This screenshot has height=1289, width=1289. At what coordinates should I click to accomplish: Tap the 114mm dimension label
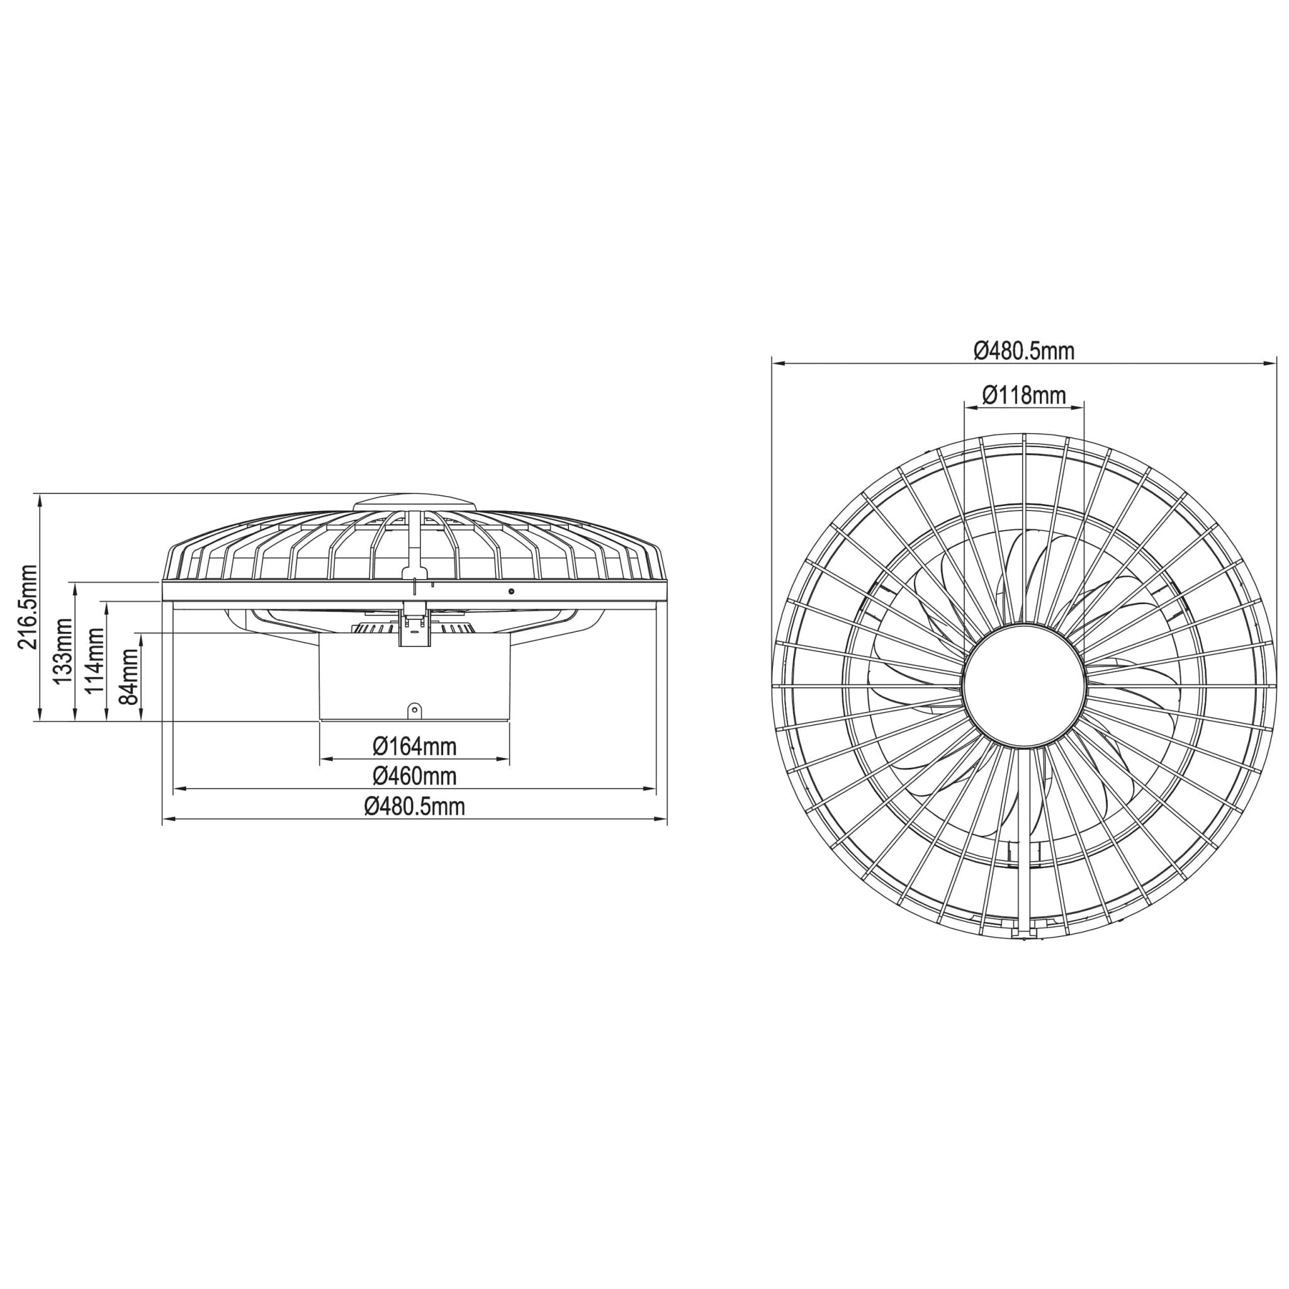[95, 660]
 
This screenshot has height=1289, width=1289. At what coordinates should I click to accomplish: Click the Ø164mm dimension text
[414, 746]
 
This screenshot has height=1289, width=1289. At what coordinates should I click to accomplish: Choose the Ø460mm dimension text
[414, 776]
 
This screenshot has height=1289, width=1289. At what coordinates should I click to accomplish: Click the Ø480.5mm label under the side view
[414, 807]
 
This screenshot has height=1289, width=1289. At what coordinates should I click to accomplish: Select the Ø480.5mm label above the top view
[1023, 351]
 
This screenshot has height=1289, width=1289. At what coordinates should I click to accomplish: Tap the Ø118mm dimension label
[1023, 395]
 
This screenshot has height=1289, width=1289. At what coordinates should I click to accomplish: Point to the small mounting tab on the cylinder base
[415, 709]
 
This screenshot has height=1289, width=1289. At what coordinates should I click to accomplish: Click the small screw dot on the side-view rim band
[511, 592]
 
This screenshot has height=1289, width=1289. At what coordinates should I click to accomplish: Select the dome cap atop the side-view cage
[414, 501]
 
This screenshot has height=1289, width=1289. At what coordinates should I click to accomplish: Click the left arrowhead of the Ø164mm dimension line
[325, 758]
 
